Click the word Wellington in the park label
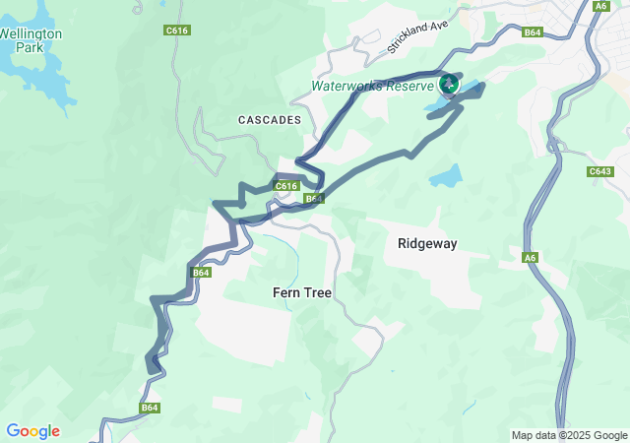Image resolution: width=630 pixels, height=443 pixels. [31, 33]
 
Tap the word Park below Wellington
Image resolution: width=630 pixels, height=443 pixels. [30, 47]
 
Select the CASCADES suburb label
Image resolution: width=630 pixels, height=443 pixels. [269, 119]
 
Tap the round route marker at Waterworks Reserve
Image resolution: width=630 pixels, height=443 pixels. [448, 84]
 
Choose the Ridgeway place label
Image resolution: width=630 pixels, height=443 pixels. [426, 243]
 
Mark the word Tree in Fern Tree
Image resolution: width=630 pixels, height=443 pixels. [317, 293]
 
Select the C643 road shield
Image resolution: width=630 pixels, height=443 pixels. [600, 171]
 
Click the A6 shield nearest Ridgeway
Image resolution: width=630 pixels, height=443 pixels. [531, 258]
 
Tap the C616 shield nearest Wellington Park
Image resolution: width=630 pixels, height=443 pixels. [177, 31]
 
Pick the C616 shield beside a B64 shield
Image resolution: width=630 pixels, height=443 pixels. [286, 186]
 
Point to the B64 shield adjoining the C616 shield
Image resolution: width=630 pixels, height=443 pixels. [313, 199]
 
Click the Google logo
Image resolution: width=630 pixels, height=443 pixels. [32, 431]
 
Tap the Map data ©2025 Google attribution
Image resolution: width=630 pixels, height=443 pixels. [569, 435]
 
